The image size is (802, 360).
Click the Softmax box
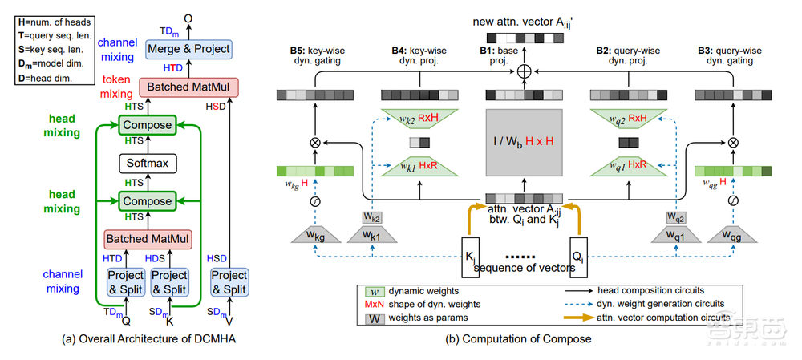146,164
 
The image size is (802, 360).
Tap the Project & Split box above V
229,281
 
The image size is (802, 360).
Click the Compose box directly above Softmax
146,125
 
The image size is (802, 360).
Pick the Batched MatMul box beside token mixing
185,87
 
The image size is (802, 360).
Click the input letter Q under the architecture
126,320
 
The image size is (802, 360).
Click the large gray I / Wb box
525,144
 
